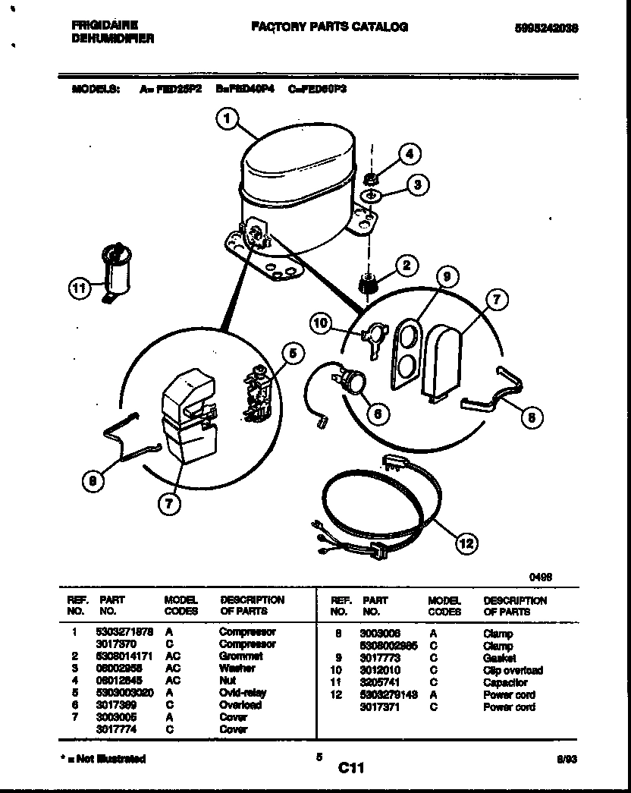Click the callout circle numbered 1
click(226, 118)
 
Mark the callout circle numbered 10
click(322, 325)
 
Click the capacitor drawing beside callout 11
click(117, 269)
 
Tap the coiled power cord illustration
click(379, 506)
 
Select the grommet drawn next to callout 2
click(368, 286)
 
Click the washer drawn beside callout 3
click(370, 196)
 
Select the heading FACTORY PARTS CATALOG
click(330, 27)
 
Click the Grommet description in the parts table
click(240, 656)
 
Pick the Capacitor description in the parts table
click(505, 683)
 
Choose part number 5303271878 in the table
click(124, 631)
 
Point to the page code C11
click(351, 769)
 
